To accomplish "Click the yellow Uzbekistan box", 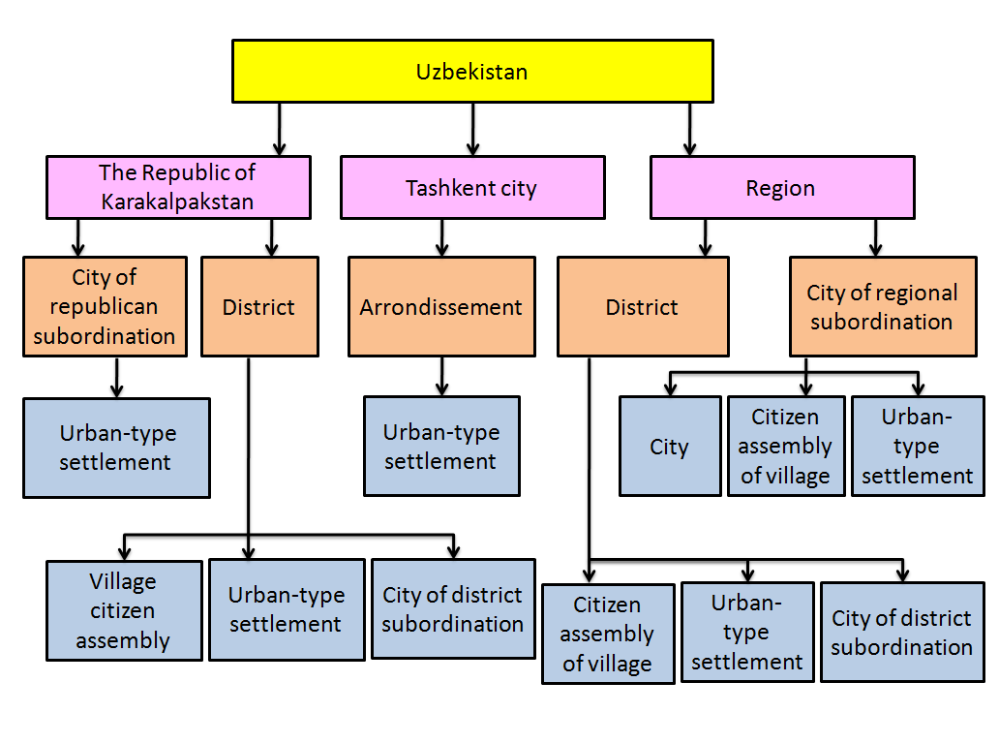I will tap(472, 71).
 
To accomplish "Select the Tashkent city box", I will tap(472, 188).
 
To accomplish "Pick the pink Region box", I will tap(781, 188).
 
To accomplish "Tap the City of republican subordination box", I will tap(105, 306).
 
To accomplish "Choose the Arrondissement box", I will tap(441, 307).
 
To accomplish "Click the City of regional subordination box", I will tap(882, 307).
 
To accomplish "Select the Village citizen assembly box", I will tap(124, 610).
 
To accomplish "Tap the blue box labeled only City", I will tap(670, 447).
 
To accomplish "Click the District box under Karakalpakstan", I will tap(258, 307).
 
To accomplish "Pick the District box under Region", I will tap(642, 307).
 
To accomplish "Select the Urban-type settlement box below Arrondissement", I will tap(441, 447).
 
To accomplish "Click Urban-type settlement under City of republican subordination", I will tap(116, 448).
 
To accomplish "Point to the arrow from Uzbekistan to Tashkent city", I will tap(473, 128).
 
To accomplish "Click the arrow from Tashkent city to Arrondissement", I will tap(442, 237).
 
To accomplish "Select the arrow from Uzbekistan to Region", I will tap(689, 128).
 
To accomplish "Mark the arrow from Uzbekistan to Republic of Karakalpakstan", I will tap(280, 128).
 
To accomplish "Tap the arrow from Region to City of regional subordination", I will tap(876, 237).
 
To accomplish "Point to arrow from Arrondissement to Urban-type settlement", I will tap(442, 376).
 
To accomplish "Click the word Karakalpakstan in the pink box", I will tap(177, 202).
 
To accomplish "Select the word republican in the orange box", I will tap(105, 307).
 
